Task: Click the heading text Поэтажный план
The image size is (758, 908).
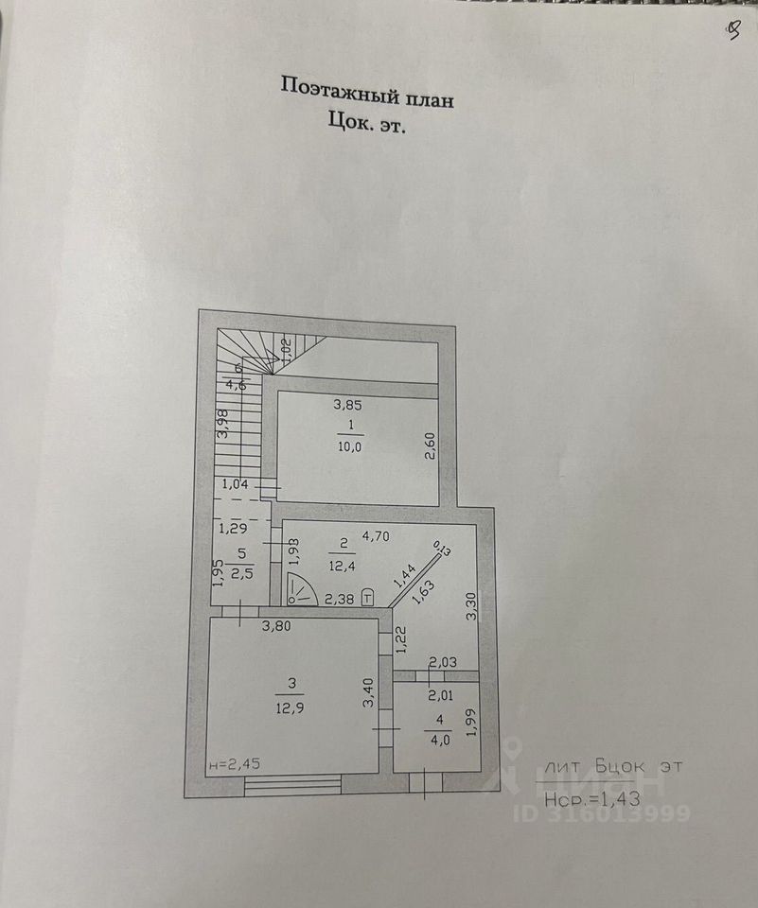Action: coord(366,91)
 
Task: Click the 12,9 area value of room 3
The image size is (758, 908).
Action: coord(293,705)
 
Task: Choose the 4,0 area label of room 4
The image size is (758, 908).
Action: coord(439,741)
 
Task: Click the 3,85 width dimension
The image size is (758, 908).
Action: coord(348,405)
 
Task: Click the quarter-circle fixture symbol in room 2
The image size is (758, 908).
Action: coord(300,590)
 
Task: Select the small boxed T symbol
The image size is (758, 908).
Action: coord(367,596)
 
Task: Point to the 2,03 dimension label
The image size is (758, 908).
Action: coord(444,663)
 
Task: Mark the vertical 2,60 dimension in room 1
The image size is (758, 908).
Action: coord(430,445)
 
